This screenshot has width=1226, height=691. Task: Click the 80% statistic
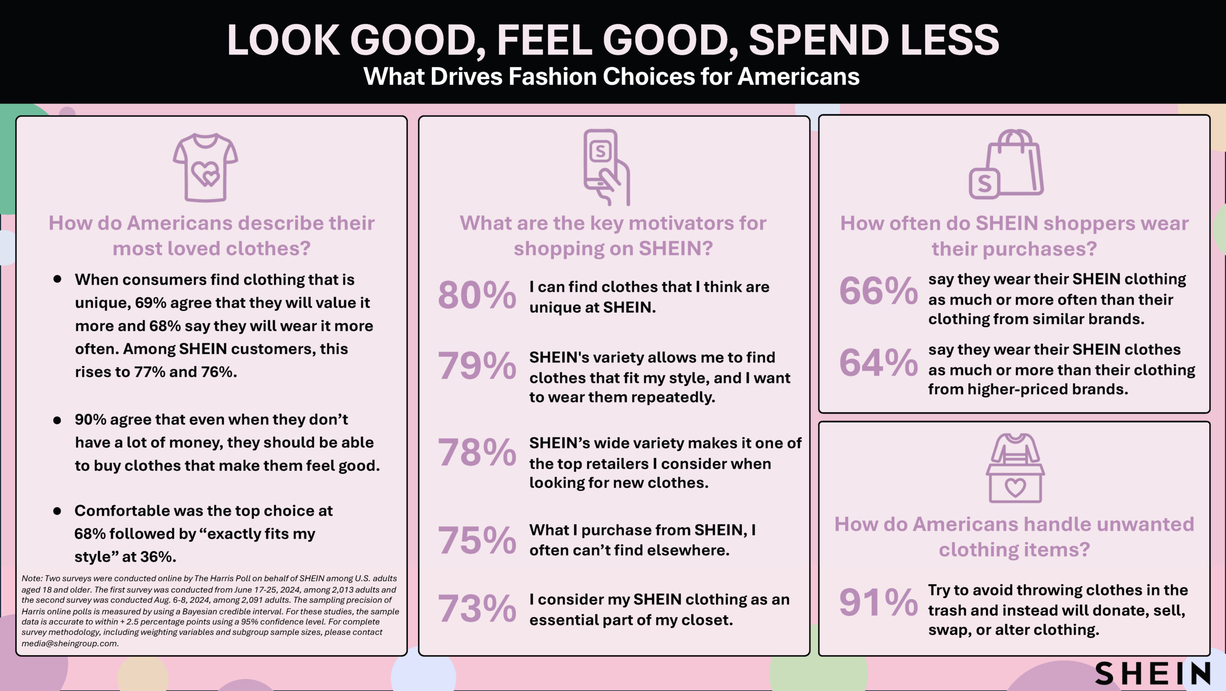coord(477,295)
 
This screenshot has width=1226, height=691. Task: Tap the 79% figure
coord(477,365)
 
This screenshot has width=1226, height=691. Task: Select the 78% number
coord(477,452)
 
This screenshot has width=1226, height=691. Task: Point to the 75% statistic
coord(477,540)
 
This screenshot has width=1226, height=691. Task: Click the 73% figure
coord(477,608)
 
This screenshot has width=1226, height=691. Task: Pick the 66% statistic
coord(878,291)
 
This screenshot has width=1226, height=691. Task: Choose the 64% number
coord(878,362)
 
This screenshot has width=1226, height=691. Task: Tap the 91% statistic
coord(878,602)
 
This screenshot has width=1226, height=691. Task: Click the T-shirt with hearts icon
coord(205,168)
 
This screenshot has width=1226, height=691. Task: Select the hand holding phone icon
coord(606,167)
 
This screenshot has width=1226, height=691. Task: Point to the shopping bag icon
coord(1006,164)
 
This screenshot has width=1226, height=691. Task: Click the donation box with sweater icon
coord(1015,468)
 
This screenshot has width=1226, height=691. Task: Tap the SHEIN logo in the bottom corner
coord(1153,673)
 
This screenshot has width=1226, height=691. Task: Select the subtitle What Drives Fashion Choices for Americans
coord(612,77)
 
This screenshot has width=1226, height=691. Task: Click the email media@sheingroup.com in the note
coord(70,644)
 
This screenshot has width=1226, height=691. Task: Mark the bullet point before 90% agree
coord(57,420)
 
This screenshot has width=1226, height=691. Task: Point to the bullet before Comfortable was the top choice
coord(57,511)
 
